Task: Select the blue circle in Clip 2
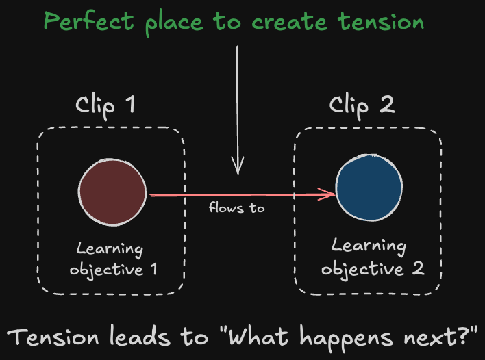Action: pos(369,187)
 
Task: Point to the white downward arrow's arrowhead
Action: pos(237,166)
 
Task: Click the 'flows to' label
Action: pos(236,208)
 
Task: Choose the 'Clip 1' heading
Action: pos(105,105)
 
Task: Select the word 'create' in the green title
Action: pos(288,22)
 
